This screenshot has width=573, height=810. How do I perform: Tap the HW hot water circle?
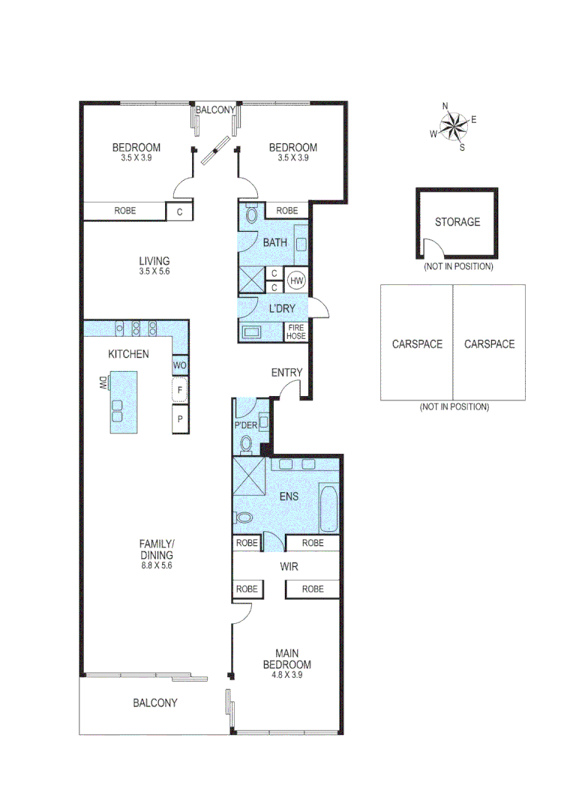click(x=297, y=280)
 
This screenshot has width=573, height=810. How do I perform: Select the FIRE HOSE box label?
click(x=296, y=331)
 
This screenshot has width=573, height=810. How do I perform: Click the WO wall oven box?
click(x=180, y=365)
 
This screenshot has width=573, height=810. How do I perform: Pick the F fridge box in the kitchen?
click(x=180, y=391)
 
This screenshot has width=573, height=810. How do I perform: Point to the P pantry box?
click(x=180, y=418)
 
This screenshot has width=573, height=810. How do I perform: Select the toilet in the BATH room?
click(x=251, y=216)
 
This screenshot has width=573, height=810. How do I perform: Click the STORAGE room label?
click(x=457, y=222)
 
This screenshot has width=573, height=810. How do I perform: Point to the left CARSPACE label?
click(x=417, y=344)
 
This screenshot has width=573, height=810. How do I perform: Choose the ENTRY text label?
click(x=286, y=373)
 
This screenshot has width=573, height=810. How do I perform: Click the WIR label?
click(x=289, y=566)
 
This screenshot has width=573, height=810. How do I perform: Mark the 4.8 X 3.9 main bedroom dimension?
click(x=286, y=675)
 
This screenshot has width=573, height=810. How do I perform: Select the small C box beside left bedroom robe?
click(x=179, y=212)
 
